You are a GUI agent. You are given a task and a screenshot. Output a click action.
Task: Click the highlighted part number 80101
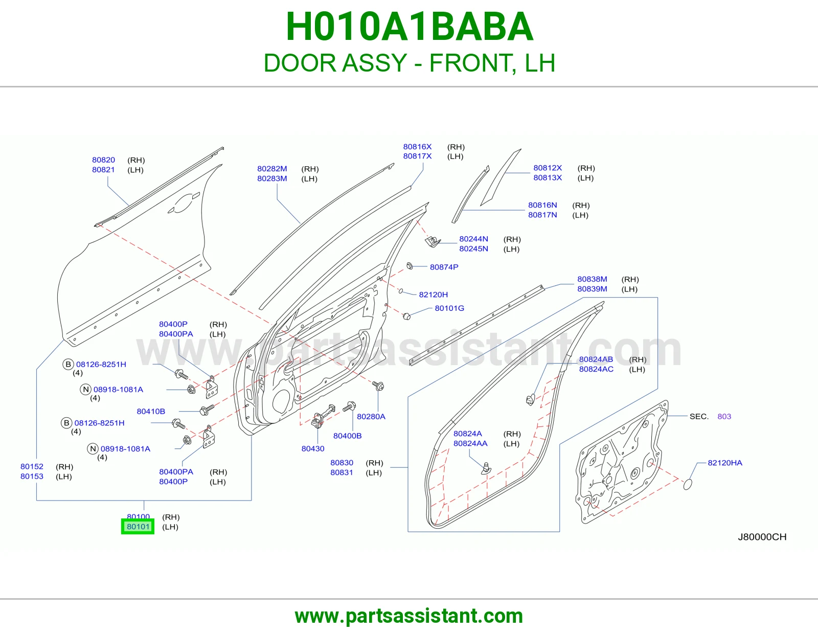click(138, 526)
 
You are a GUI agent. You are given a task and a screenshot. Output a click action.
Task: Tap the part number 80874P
click(444, 267)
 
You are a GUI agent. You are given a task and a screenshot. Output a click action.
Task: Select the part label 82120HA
click(725, 463)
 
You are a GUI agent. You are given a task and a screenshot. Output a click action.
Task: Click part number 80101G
click(449, 308)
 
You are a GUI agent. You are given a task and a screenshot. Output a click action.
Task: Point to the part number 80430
click(313, 448)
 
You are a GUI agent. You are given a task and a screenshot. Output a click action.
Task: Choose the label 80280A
click(371, 416)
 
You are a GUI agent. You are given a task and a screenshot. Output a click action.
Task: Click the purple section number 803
click(724, 416)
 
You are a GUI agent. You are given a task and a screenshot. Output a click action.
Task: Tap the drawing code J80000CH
click(762, 537)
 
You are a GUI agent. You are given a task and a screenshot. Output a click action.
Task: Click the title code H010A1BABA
click(410, 27)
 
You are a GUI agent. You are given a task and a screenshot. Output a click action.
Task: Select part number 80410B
click(151, 411)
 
